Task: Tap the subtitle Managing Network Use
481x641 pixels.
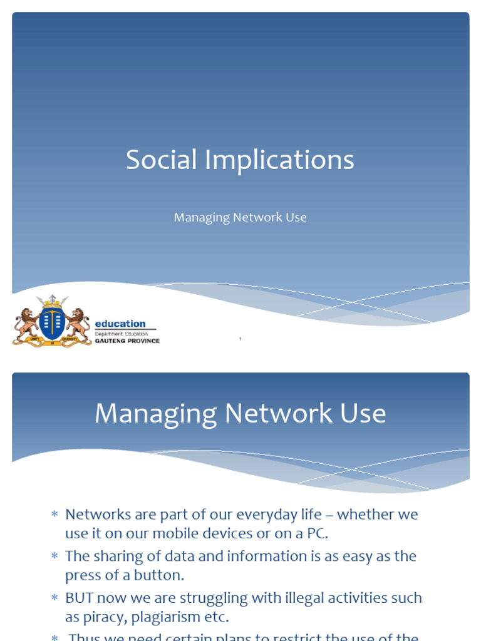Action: pyautogui.click(x=240, y=217)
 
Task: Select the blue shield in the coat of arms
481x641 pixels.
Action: pyautogui.click(x=52, y=322)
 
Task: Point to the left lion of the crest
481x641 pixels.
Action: pyautogui.click(x=26, y=324)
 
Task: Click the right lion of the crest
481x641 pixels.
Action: pyautogui.click(x=78, y=324)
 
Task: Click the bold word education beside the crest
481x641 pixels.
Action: pyautogui.click(x=120, y=324)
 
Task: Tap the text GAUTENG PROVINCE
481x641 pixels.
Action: pyautogui.click(x=127, y=341)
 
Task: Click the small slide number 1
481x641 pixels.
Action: pyautogui.click(x=240, y=339)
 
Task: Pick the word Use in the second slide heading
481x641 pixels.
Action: pyautogui.click(x=364, y=413)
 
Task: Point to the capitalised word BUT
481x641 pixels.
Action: pyautogui.click(x=80, y=598)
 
